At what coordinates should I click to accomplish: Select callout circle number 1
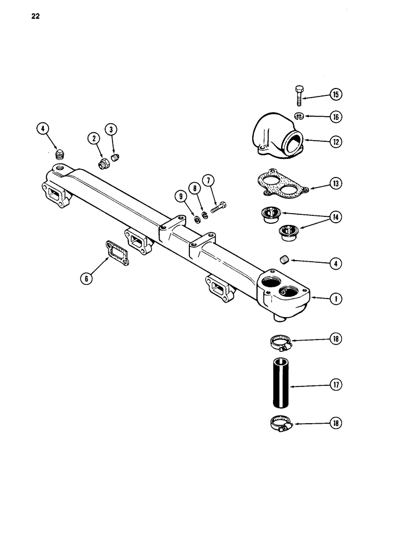pos(336,299)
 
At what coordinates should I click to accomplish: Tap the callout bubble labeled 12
pos(336,142)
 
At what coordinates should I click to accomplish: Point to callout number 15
pos(336,95)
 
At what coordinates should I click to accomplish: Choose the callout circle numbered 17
pos(336,384)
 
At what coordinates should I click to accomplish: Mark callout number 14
pos(336,217)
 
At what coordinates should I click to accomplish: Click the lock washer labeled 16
pos(299,116)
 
